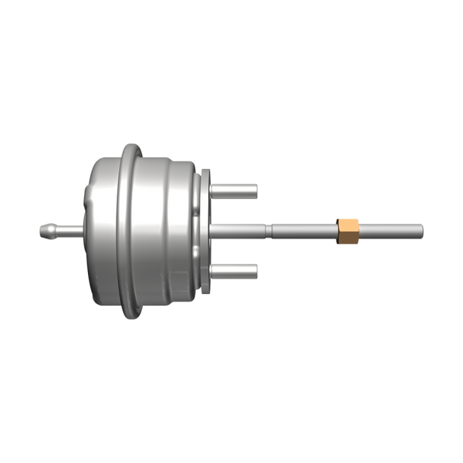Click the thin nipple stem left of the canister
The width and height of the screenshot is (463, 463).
pos(69,229)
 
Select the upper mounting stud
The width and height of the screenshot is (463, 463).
pos(235,189)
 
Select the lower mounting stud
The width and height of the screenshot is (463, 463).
pos(235,270)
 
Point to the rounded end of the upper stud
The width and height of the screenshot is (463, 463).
pos(255,189)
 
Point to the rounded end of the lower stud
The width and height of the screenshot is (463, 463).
pos(255,270)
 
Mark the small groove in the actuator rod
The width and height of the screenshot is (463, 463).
pos(267,229)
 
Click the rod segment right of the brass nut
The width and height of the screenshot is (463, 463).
pos(390,229)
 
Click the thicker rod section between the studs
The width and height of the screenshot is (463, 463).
pos(239,229)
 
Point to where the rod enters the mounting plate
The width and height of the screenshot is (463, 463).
pos(213,229)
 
